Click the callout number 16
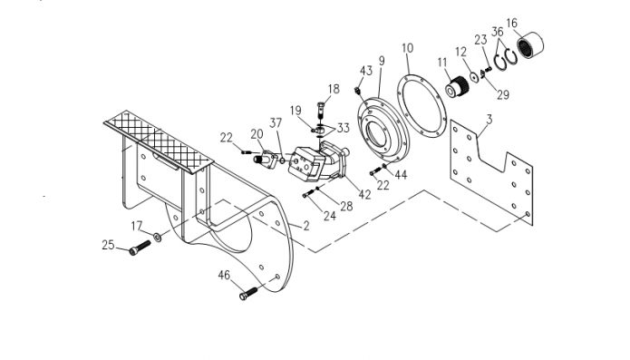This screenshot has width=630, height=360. [x=512, y=23]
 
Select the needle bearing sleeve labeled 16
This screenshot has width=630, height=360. [x=530, y=46]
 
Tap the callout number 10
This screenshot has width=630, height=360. [x=407, y=48]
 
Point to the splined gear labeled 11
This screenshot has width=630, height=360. [x=459, y=85]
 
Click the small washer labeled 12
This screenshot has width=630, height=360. [x=474, y=77]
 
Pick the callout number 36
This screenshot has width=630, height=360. [x=498, y=32]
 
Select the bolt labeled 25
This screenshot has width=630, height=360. [x=140, y=248]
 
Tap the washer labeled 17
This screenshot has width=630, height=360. [x=158, y=237]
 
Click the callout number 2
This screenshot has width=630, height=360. [x=306, y=226]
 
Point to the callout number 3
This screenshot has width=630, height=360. [x=489, y=120]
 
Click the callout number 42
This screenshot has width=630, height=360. [x=364, y=194]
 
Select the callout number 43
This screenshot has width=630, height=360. [x=366, y=71]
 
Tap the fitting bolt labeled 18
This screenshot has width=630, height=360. [x=320, y=110]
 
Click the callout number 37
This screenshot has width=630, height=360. [x=276, y=123]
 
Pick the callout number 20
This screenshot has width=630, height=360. [x=257, y=134]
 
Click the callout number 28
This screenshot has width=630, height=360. [x=346, y=207]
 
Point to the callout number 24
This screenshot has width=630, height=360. [x=330, y=216]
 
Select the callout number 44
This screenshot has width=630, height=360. [x=401, y=175]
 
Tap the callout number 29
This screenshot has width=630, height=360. [x=503, y=95]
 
